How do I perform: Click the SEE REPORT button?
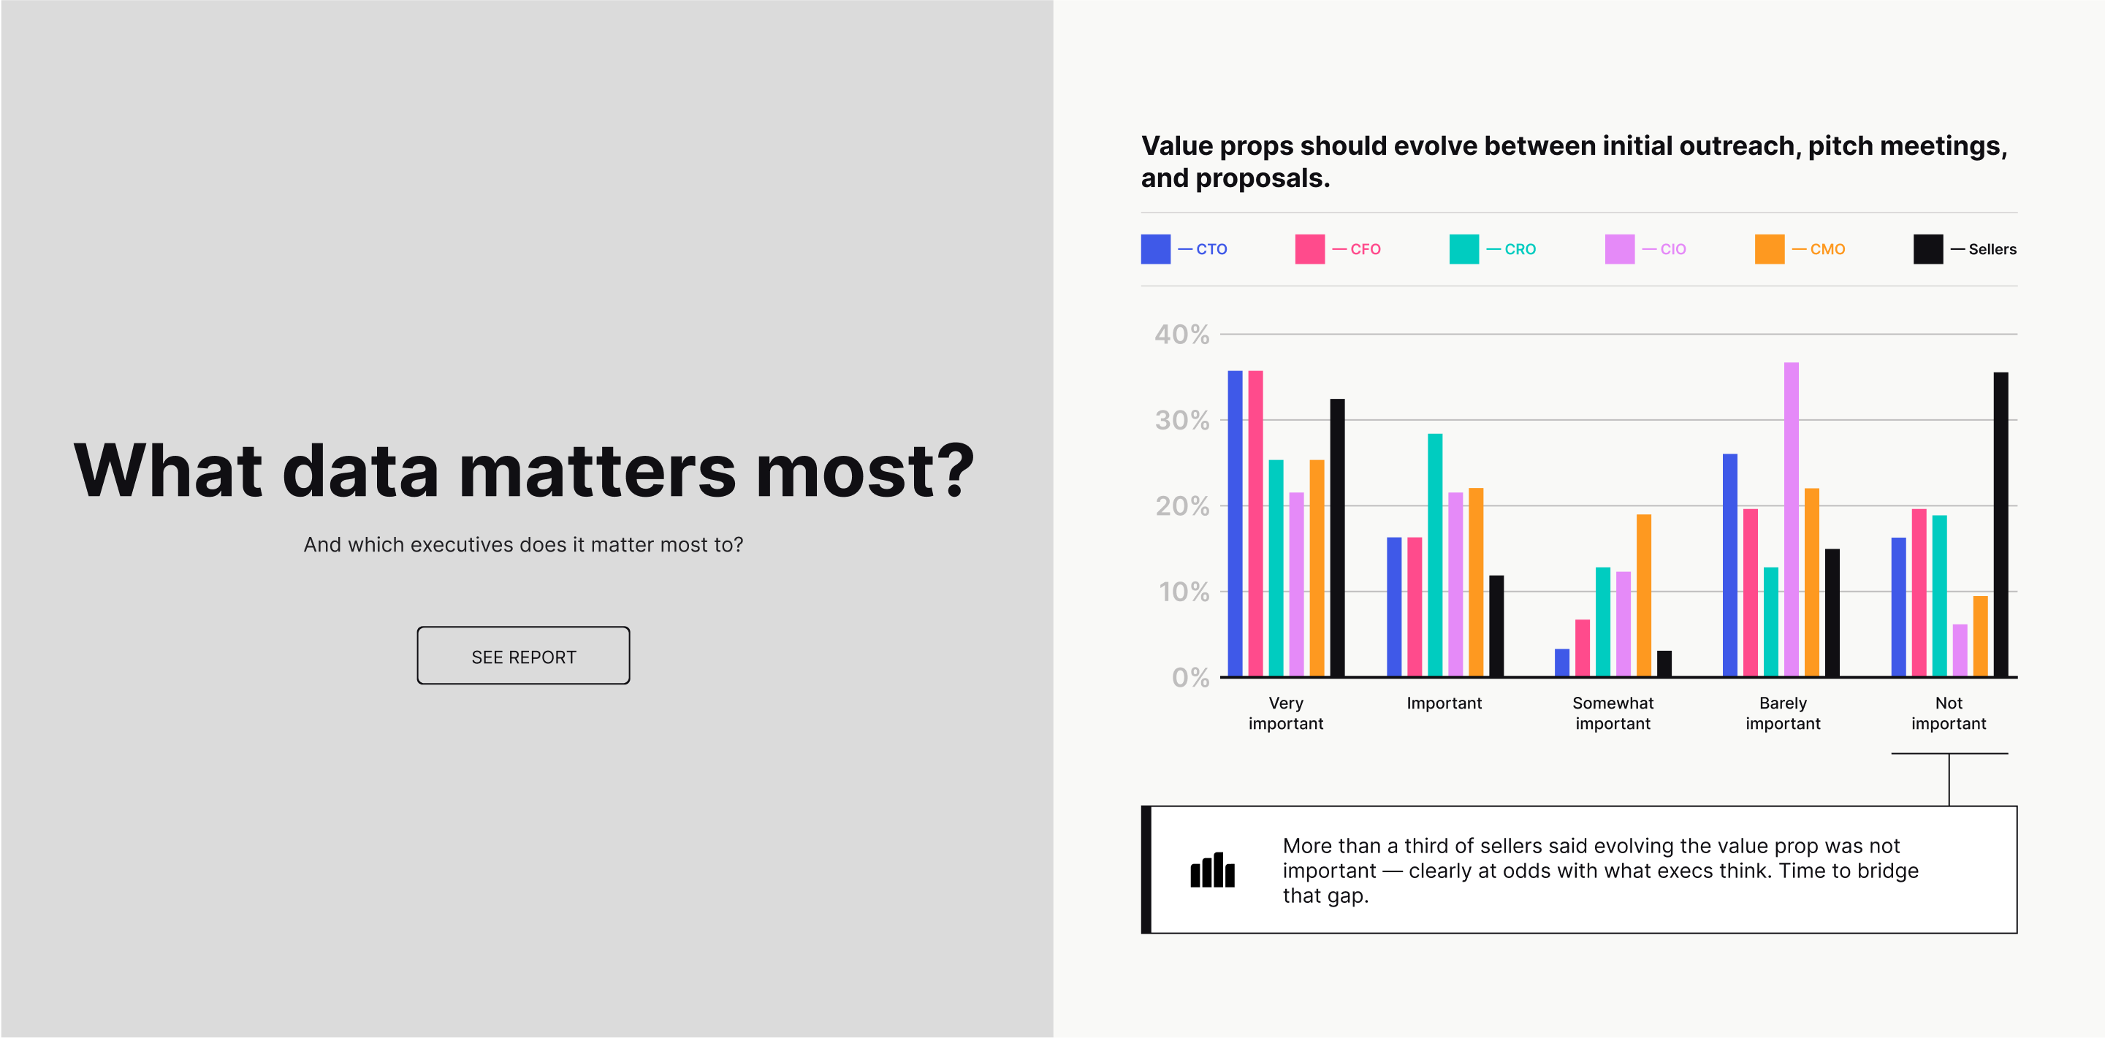coord(523,656)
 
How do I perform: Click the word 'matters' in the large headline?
coord(598,470)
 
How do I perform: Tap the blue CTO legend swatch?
coord(1155,249)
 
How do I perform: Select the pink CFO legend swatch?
coord(1310,249)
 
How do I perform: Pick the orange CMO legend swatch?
coord(1769,249)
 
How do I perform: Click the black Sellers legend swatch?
coord(1928,249)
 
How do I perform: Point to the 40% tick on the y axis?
coord(1181,334)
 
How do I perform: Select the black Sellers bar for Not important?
coord(2001,524)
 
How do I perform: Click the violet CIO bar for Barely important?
coord(1792,519)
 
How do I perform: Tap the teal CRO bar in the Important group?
coord(1435,555)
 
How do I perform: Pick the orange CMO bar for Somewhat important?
coord(1643,595)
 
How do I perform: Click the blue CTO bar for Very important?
coord(1235,524)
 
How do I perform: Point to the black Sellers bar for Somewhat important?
coord(1664,664)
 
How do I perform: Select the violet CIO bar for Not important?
coord(1960,651)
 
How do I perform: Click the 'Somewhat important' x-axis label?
coord(1613,713)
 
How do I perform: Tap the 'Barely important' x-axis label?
coord(1783,713)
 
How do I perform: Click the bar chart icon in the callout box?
coord(1213,870)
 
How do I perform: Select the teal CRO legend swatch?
coord(1464,249)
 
